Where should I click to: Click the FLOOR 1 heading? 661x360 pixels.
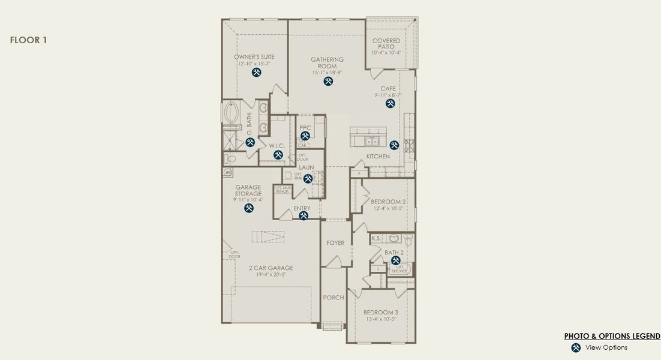click(28, 40)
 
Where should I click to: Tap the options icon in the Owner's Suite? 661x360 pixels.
click(256, 73)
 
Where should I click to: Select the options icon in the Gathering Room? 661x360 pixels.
click(328, 81)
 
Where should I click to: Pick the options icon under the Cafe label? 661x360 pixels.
click(390, 103)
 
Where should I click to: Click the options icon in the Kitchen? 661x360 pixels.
click(394, 145)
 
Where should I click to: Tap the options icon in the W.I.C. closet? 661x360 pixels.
click(278, 155)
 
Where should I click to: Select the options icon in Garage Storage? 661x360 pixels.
click(249, 208)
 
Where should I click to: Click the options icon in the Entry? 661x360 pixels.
click(304, 216)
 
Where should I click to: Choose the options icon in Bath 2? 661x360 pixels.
click(396, 260)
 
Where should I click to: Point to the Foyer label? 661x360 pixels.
click(335, 243)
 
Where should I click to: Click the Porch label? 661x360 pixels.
click(333, 298)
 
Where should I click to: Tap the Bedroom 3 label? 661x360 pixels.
click(381, 313)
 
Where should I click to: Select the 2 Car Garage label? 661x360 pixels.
click(271, 268)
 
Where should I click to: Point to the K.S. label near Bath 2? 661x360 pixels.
click(376, 239)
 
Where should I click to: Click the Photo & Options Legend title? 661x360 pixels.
click(612, 336)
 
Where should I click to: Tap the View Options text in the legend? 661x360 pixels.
click(606, 347)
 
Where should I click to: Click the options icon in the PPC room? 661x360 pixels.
click(305, 136)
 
